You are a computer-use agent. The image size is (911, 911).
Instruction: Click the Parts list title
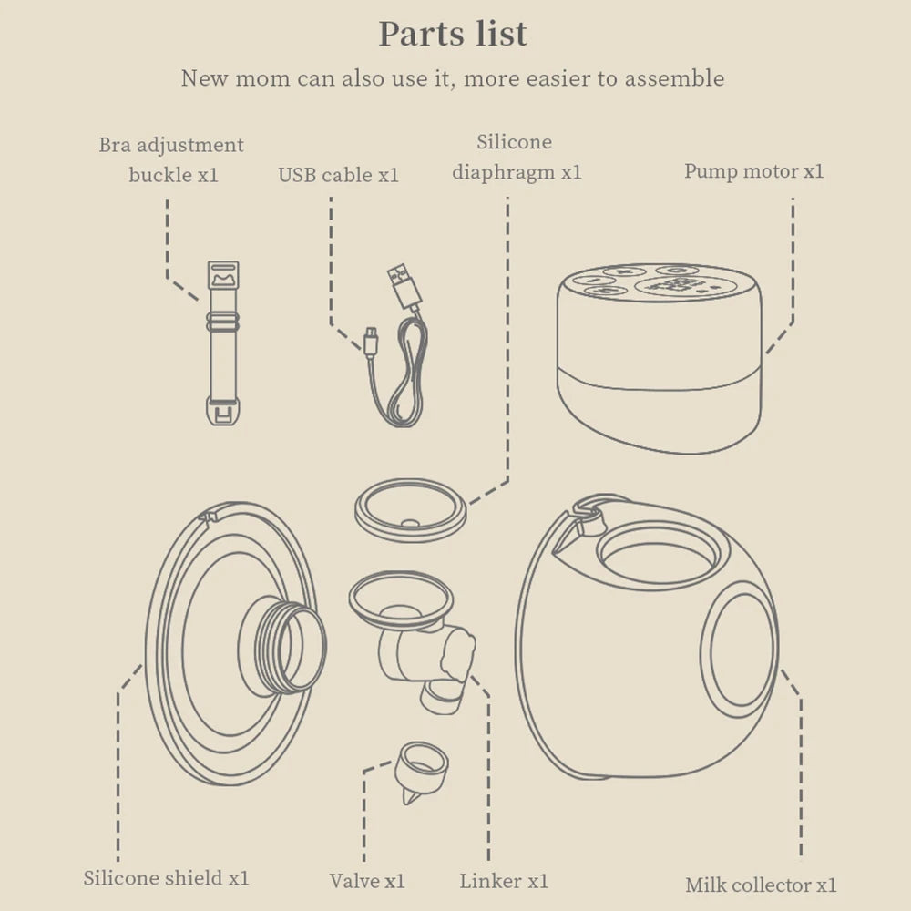point(453,34)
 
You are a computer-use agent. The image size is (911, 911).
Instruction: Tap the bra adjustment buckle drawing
point(223,343)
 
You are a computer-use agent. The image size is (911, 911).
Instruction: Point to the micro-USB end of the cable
point(371,341)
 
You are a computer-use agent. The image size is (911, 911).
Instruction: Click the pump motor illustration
point(659,358)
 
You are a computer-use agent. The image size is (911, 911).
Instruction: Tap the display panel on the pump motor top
point(686,286)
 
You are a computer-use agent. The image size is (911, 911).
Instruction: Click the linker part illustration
point(413,640)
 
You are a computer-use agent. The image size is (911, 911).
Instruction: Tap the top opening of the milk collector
point(658,555)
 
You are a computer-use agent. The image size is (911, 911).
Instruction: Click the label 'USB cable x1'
point(338,175)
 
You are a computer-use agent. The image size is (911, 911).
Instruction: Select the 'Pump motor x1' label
point(753,171)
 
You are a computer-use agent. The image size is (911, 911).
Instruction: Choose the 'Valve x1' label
point(366,881)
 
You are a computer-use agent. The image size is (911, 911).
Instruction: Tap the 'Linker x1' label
point(504,881)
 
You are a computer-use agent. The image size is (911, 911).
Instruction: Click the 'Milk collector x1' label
point(761,885)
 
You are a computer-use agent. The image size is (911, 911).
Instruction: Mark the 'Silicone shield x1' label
point(166,878)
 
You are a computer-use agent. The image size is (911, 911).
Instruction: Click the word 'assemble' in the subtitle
point(674,78)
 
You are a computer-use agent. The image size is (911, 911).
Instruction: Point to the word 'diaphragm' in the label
point(504,172)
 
